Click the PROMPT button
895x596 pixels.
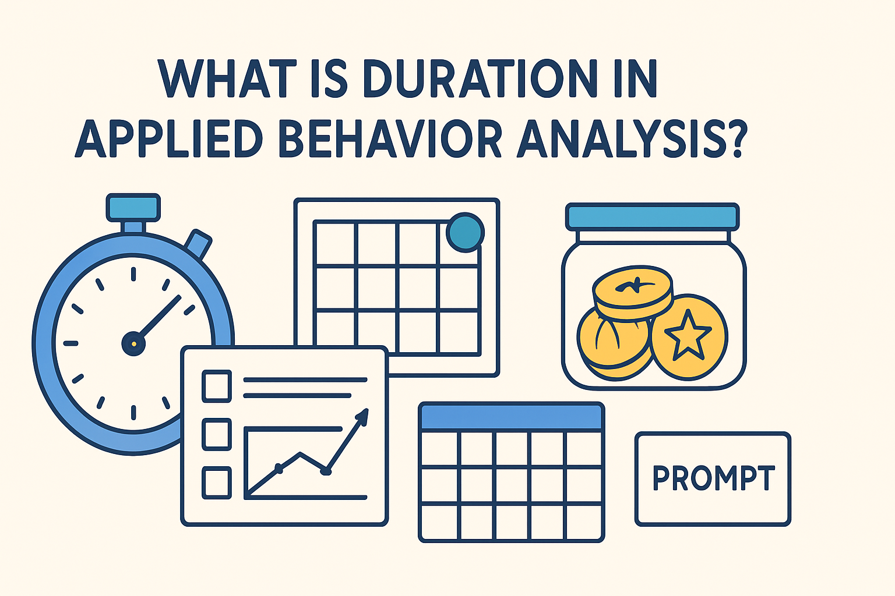tap(713, 479)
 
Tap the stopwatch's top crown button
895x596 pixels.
tap(133, 207)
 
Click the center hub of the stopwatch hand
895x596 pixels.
tap(133, 343)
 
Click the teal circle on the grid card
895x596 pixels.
tap(465, 232)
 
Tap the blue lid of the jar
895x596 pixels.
tap(652, 217)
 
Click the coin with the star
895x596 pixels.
tap(688, 336)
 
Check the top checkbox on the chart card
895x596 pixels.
tap(217, 386)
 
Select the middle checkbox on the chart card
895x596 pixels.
tap(217, 434)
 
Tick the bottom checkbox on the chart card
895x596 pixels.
tap(217, 483)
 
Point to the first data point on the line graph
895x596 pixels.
tap(279, 469)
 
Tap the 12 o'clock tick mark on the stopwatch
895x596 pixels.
tap(133, 274)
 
